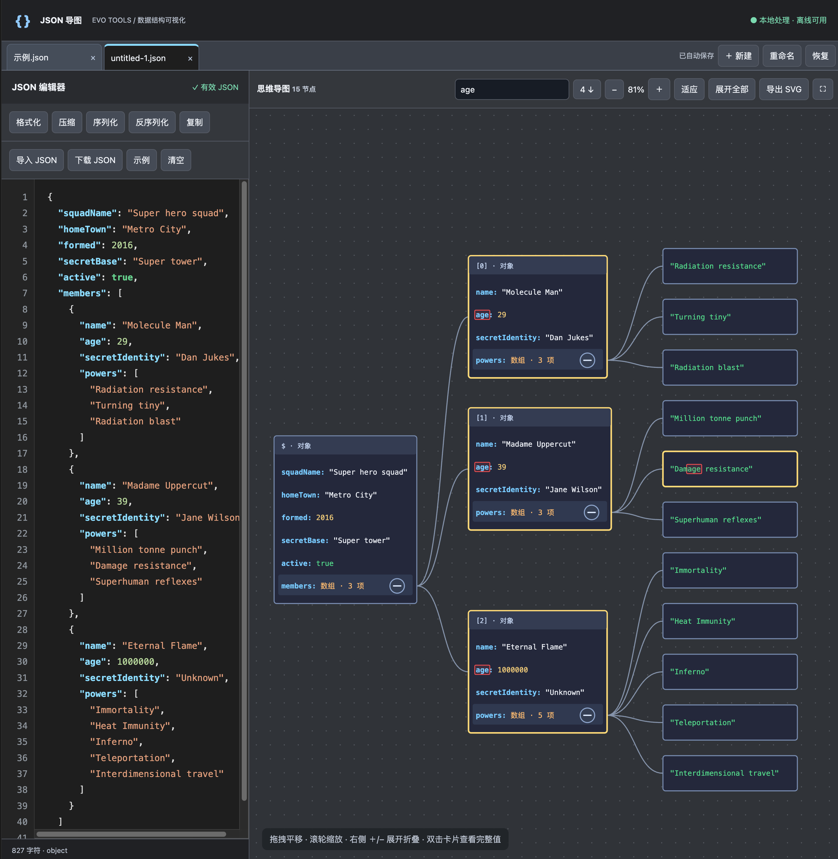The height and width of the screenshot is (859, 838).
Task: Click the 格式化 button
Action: click(29, 122)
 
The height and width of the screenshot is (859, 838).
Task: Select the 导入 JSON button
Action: click(37, 160)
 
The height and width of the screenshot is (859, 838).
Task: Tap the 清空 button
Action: click(176, 160)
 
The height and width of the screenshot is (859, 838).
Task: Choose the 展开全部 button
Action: click(732, 89)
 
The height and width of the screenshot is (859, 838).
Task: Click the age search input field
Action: click(512, 89)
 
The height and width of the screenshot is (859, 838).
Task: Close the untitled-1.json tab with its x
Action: click(190, 58)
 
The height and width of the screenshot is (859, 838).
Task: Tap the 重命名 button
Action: click(782, 56)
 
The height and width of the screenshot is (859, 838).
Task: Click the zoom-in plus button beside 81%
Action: click(659, 89)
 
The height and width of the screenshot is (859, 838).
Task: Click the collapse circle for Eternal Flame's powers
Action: click(587, 715)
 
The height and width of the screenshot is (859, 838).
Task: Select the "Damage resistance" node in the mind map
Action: click(730, 469)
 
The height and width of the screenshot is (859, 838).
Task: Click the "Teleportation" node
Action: click(730, 722)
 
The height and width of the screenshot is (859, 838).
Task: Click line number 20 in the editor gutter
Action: click(22, 501)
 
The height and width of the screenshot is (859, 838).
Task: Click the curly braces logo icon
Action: click(23, 21)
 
